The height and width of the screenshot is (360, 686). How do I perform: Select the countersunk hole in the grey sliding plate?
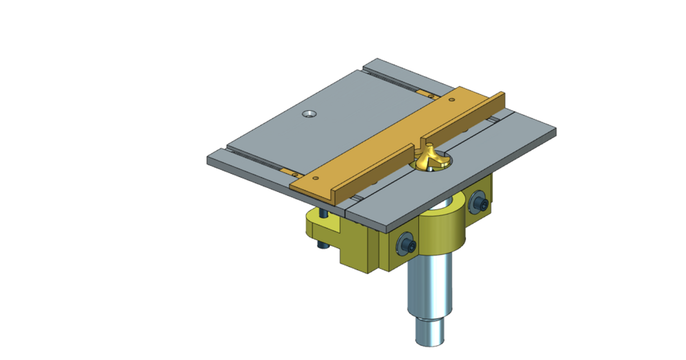[x=309, y=114]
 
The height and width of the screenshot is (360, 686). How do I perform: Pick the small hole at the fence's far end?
[x=452, y=100]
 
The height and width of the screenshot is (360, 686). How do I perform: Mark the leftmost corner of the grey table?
[x=208, y=159]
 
